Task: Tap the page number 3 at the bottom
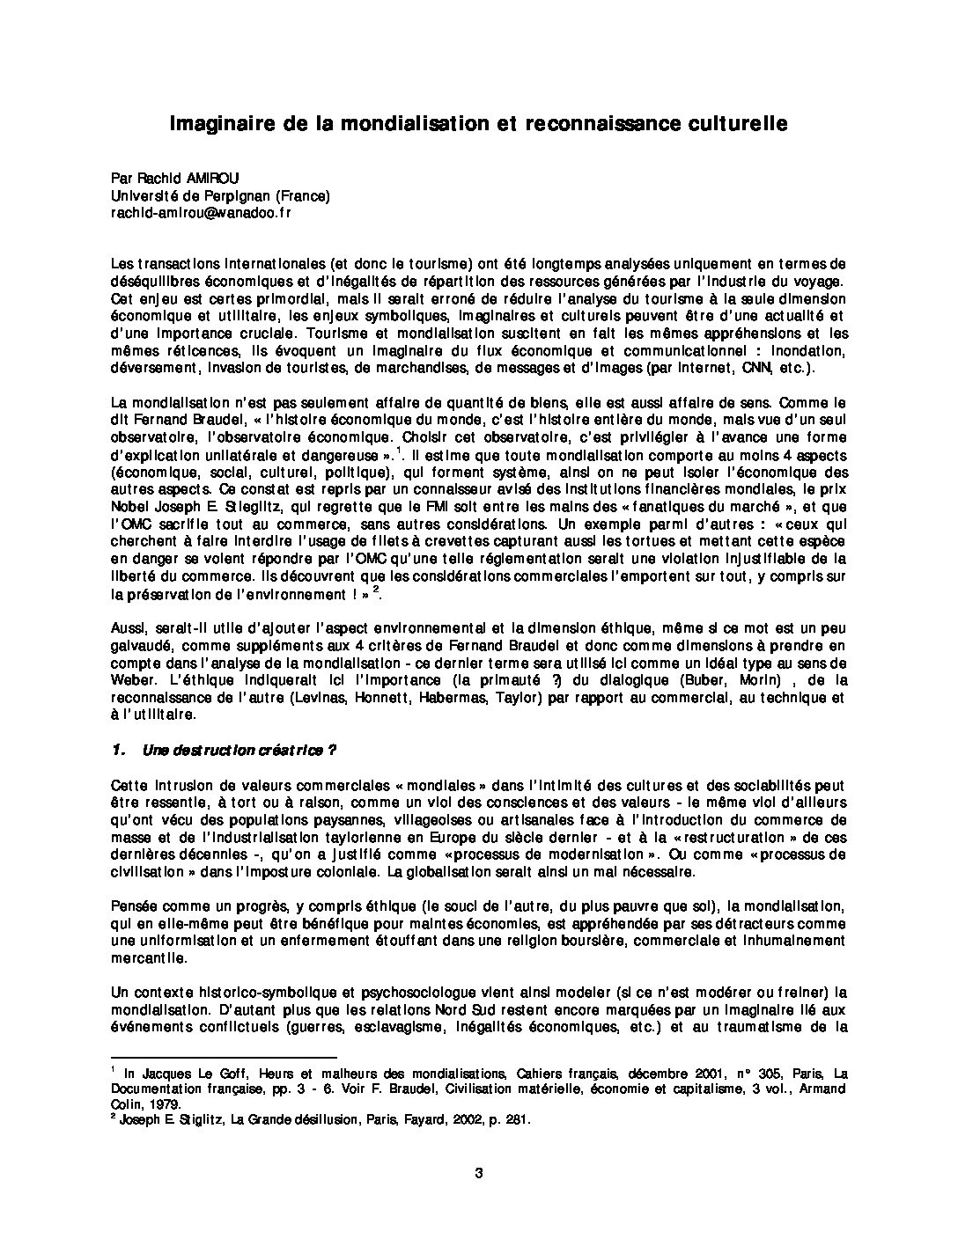click(x=479, y=1172)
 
